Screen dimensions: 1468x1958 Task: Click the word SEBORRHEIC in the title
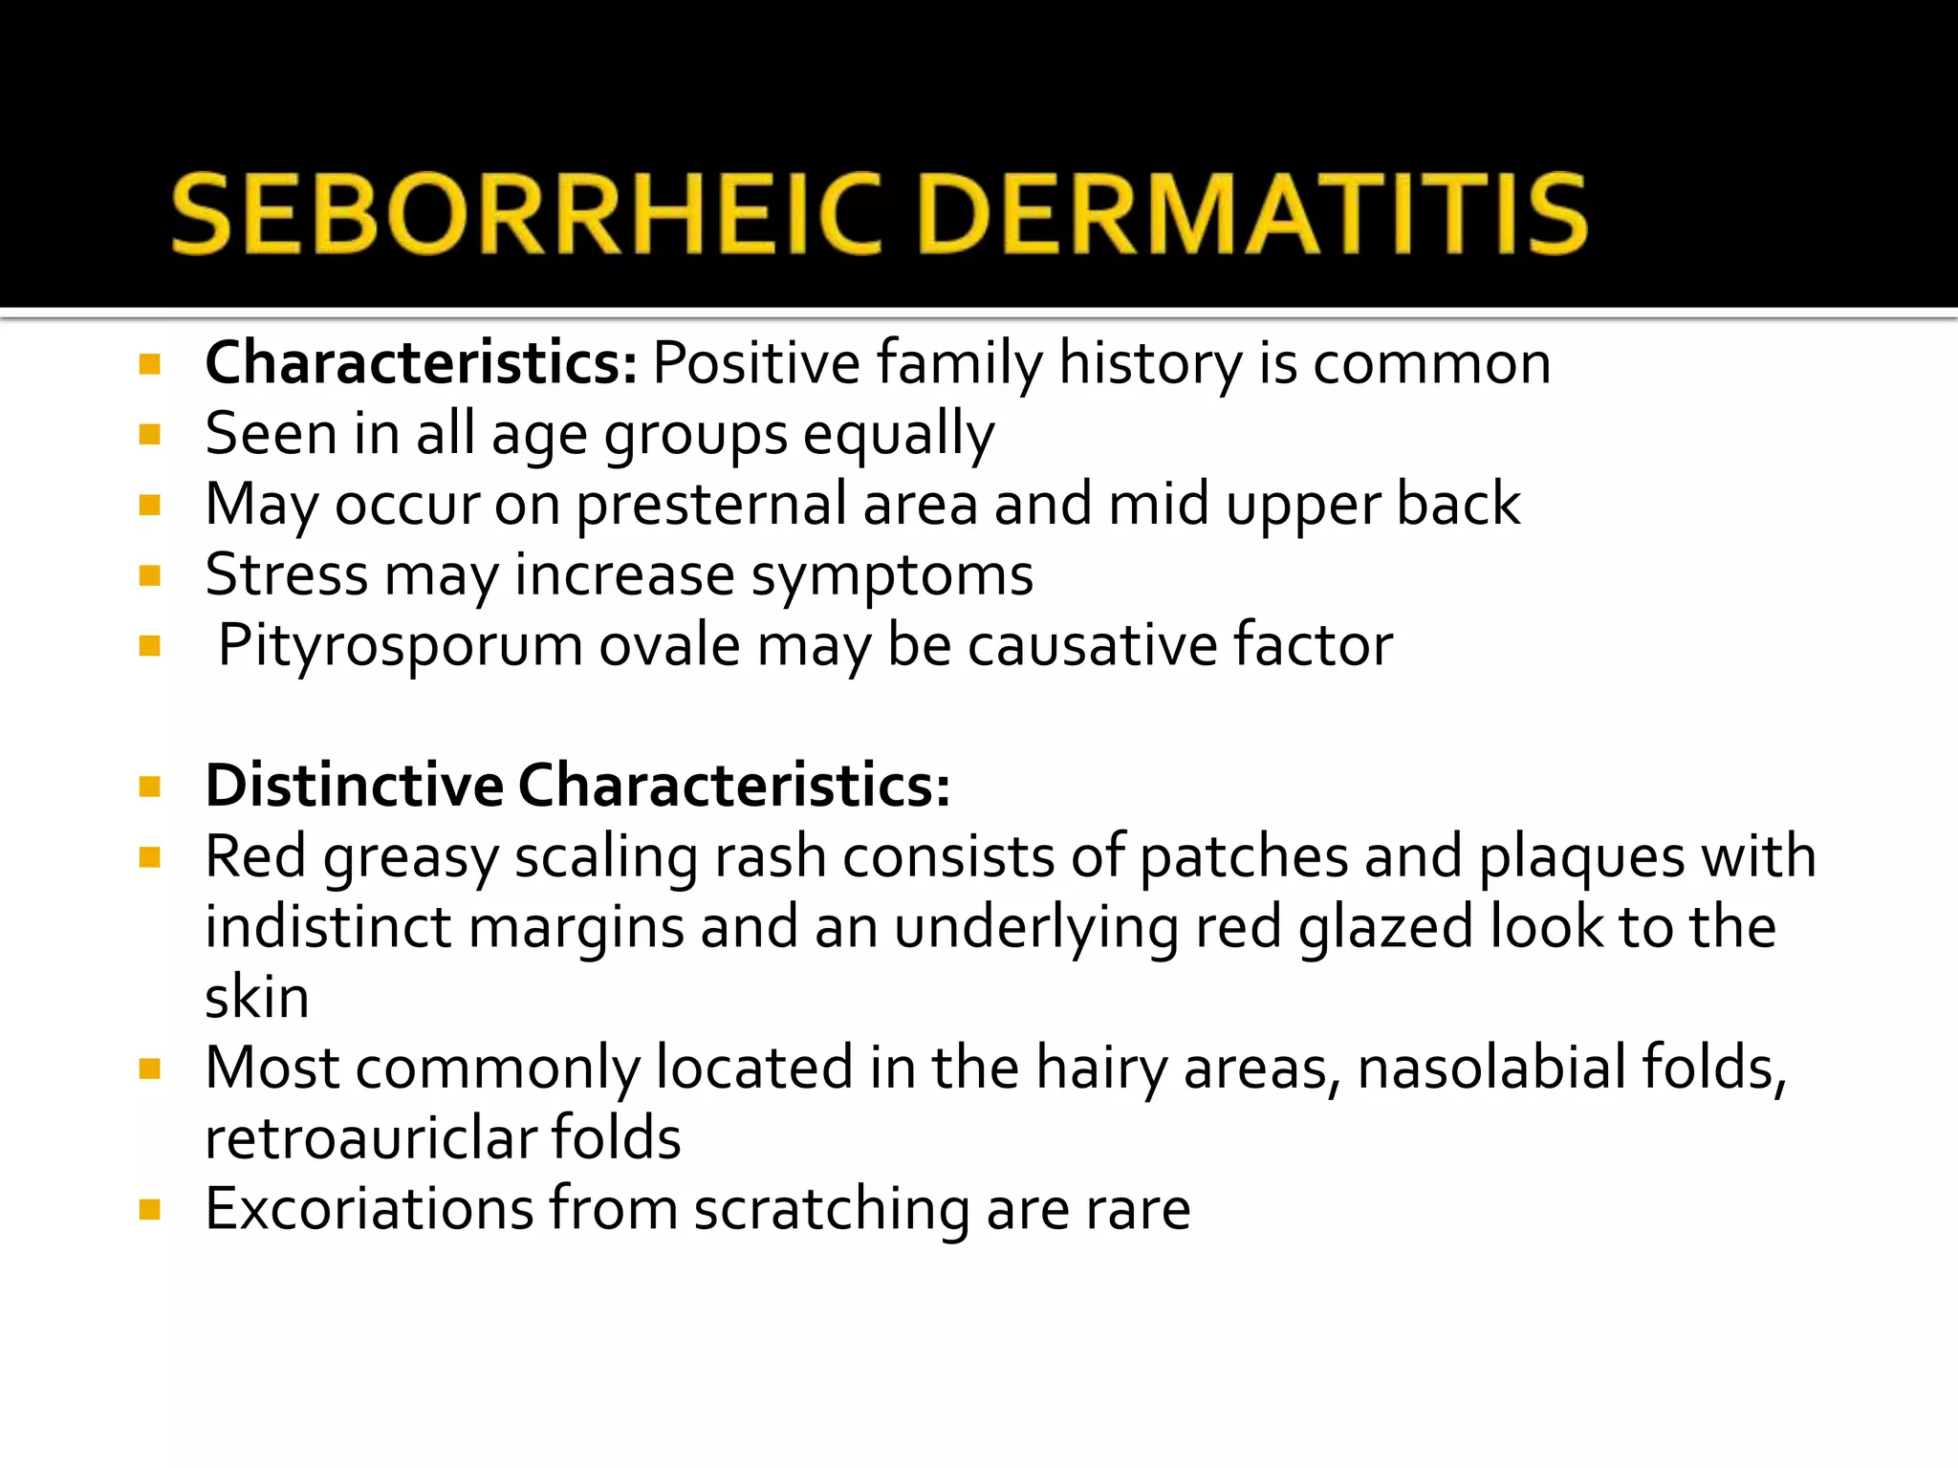[527, 214]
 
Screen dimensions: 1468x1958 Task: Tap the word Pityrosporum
[400, 646]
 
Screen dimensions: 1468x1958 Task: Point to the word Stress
[286, 575]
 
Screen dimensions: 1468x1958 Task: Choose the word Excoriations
[369, 1209]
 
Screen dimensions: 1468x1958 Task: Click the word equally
[899, 435]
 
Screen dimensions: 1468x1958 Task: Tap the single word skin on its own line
[257, 998]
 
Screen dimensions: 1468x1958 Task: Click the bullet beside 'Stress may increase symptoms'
[149, 575]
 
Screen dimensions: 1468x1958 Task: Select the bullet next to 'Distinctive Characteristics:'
[149, 787]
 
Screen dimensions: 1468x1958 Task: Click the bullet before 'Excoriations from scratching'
[149, 1211]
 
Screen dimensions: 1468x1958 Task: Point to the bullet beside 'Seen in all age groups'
[149, 435]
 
